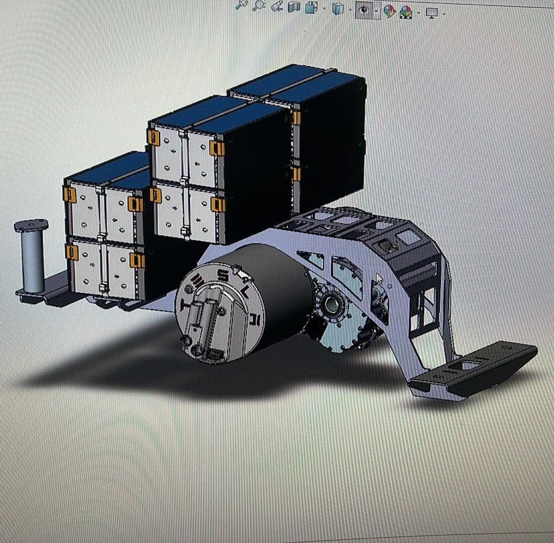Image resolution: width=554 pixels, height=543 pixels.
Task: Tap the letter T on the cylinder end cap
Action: pos(185,304)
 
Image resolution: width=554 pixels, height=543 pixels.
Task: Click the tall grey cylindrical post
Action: pos(32,255)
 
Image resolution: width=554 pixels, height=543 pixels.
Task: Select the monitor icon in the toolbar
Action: pos(431,13)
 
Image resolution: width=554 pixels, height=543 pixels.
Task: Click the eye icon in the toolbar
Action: pos(364,10)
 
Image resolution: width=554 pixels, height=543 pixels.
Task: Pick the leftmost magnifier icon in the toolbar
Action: pos(242,5)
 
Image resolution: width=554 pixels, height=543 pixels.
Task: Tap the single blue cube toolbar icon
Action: pos(338,8)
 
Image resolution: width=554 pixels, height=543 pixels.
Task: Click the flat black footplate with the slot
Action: pos(474,369)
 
